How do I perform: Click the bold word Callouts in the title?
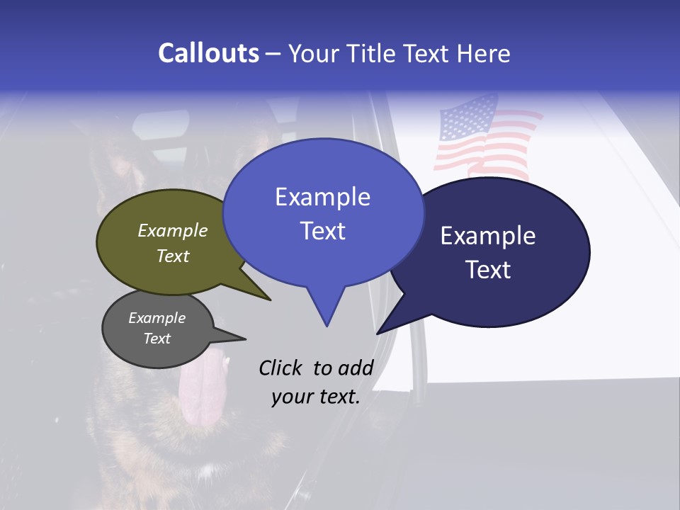208,53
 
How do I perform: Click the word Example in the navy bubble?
487,236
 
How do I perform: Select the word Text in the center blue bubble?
322,231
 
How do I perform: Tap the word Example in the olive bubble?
172,230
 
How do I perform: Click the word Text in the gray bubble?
157,339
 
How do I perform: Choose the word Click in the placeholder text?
282,368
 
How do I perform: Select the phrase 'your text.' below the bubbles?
315,397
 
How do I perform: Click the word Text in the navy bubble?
488,270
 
